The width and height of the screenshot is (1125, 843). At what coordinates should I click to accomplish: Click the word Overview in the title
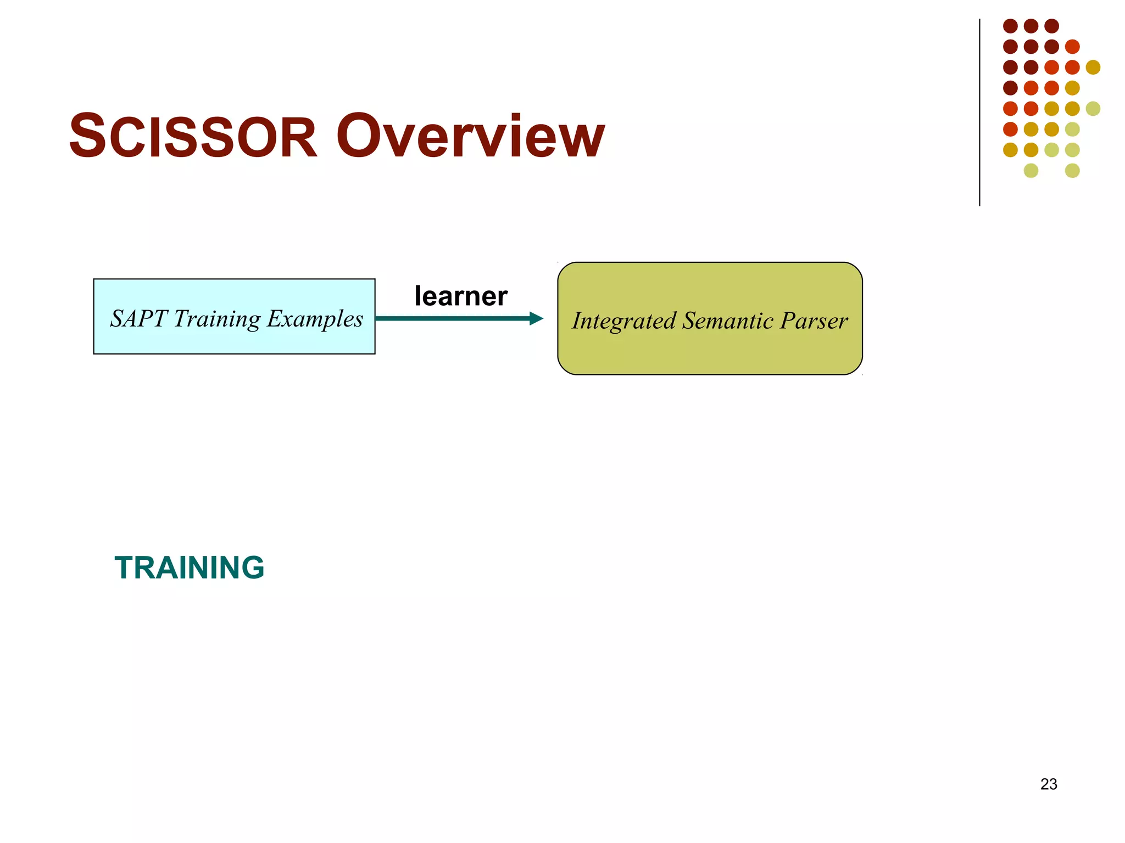pyautogui.click(x=470, y=136)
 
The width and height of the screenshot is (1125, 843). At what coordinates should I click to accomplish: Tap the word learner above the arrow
pyautogui.click(x=460, y=296)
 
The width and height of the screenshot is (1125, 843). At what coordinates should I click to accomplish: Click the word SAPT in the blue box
pyautogui.click(x=138, y=318)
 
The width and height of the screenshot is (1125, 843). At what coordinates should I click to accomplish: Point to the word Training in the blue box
pyautogui.click(x=217, y=319)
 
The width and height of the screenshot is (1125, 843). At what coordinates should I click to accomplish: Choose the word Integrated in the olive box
pyautogui.click(x=623, y=321)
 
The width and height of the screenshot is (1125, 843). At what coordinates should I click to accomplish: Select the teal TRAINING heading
pyautogui.click(x=190, y=567)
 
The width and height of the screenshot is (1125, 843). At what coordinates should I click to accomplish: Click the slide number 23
pyautogui.click(x=1048, y=784)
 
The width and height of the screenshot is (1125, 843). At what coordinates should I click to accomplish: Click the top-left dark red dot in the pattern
pyautogui.click(x=1010, y=26)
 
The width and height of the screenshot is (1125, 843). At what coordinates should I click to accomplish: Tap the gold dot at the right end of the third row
pyautogui.click(x=1093, y=67)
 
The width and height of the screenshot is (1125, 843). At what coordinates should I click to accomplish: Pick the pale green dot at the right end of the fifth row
pyautogui.click(x=1093, y=108)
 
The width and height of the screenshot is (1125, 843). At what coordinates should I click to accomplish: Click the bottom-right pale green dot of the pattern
pyautogui.click(x=1072, y=170)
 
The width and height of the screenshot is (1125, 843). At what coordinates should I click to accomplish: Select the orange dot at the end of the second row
pyautogui.click(x=1072, y=47)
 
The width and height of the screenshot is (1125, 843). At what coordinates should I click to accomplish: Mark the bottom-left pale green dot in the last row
pyautogui.click(x=1031, y=170)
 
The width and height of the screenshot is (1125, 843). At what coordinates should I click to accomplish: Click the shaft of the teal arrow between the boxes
pyautogui.click(x=450, y=318)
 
